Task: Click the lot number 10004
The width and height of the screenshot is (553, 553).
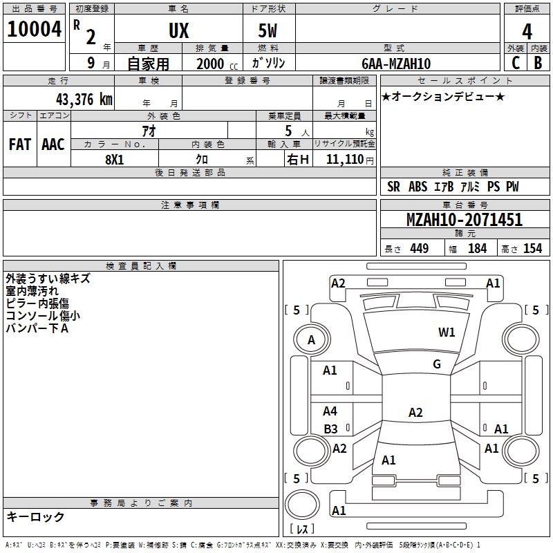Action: click(x=34, y=29)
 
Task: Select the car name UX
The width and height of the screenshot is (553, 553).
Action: click(x=179, y=30)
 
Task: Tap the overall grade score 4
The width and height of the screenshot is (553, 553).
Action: click(x=527, y=32)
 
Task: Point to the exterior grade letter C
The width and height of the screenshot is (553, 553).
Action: click(x=516, y=63)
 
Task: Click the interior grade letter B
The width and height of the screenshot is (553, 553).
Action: click(x=538, y=63)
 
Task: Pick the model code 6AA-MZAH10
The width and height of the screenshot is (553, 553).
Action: click(x=396, y=64)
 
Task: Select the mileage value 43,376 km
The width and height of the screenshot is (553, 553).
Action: click(x=84, y=100)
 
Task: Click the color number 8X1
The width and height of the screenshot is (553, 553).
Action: click(x=115, y=160)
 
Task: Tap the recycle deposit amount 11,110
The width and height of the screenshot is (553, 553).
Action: click(x=345, y=160)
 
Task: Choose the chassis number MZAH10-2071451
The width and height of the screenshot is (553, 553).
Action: click(x=465, y=220)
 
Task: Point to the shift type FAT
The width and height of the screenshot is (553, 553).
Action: click(x=20, y=144)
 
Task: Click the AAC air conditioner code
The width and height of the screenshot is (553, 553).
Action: click(x=53, y=144)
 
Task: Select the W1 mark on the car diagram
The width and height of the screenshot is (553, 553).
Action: click(x=447, y=332)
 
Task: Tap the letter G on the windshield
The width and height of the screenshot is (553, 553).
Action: click(x=437, y=364)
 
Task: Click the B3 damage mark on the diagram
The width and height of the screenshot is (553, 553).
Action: click(x=331, y=429)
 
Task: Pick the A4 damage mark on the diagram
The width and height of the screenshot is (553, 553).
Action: click(x=330, y=411)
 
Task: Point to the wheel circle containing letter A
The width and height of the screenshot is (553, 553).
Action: click(x=312, y=339)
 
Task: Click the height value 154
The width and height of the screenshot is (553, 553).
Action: click(x=532, y=248)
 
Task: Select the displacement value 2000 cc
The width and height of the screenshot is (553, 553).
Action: click(x=217, y=64)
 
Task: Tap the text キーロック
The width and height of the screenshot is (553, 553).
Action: click(x=35, y=516)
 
